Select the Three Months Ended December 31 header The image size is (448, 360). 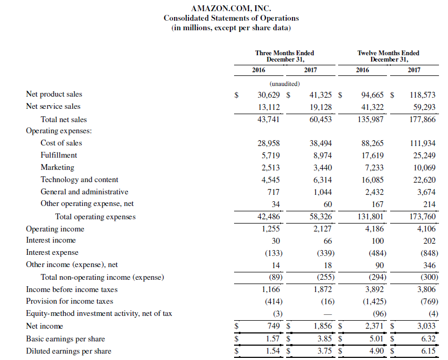point(284,56)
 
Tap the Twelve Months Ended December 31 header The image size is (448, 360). point(388,56)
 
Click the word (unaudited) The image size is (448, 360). point(285,84)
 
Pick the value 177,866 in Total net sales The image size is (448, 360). point(423,119)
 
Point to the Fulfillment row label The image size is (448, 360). point(58,155)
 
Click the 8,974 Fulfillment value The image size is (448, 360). point(321,155)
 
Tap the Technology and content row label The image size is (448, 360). point(79,179)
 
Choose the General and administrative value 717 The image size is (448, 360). point(273,192)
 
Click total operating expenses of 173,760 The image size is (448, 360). point(423,217)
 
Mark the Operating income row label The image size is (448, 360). point(55,229)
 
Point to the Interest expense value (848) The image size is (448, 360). point(426,253)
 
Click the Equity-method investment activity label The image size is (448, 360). point(99,313)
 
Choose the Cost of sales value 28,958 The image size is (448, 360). point(269,143)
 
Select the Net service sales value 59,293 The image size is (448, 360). point(424,107)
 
